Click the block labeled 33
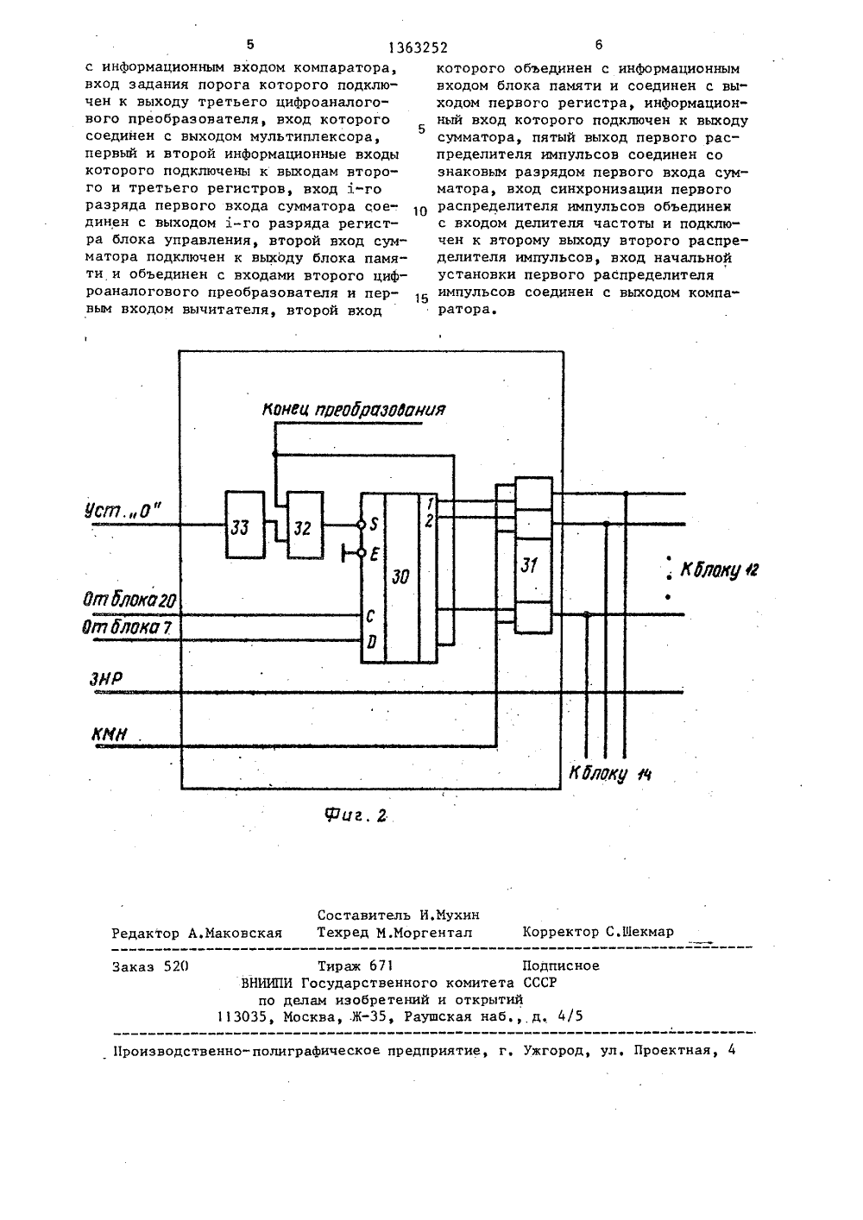click(x=245, y=525)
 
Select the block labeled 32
click(x=306, y=525)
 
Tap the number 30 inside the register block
click(x=400, y=576)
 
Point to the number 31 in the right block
click(x=529, y=565)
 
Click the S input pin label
click(x=374, y=525)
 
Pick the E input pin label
click(x=375, y=555)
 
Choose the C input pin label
click(x=370, y=617)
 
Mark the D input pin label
click(x=372, y=643)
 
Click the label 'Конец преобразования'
click(x=354, y=410)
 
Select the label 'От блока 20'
click(x=129, y=601)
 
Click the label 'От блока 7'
click(x=126, y=627)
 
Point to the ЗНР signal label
click(x=105, y=680)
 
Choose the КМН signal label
click(x=110, y=735)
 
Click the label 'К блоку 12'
click(x=719, y=570)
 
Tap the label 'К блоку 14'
click(x=610, y=774)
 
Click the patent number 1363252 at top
click(x=418, y=48)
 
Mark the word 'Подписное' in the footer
click(x=561, y=966)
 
